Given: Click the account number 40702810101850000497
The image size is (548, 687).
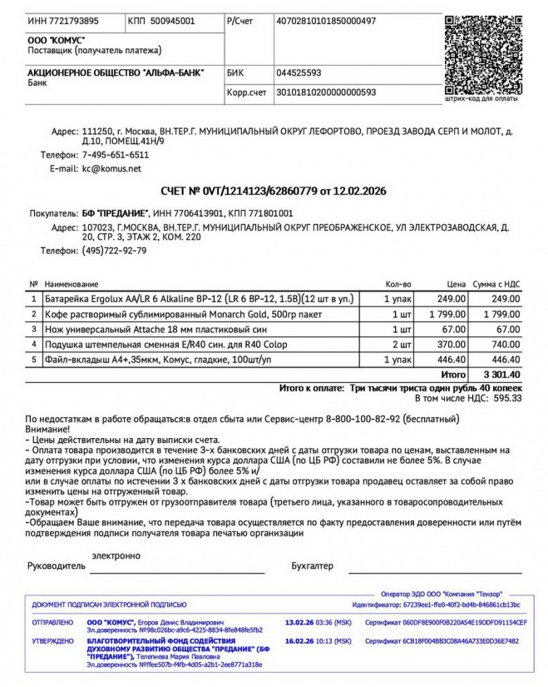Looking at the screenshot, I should pyautogui.click(x=326, y=20).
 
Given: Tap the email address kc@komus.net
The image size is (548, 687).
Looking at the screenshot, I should pyautogui.click(x=111, y=168).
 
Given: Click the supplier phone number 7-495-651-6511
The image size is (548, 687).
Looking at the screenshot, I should pyautogui.click(x=116, y=155).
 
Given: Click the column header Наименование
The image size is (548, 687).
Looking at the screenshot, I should pyautogui.click(x=71, y=284).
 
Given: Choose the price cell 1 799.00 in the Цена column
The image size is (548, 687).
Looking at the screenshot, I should pyautogui.click(x=447, y=314).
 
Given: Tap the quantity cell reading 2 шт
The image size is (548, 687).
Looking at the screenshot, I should pyautogui.click(x=402, y=344).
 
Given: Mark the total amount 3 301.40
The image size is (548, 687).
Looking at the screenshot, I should pyautogui.click(x=502, y=375).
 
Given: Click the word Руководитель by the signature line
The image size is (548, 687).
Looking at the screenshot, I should pyautogui.click(x=57, y=566).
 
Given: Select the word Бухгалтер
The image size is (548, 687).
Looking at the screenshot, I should pyautogui.click(x=312, y=566).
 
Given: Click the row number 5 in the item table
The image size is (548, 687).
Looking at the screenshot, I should pyautogui.click(x=34, y=359).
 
